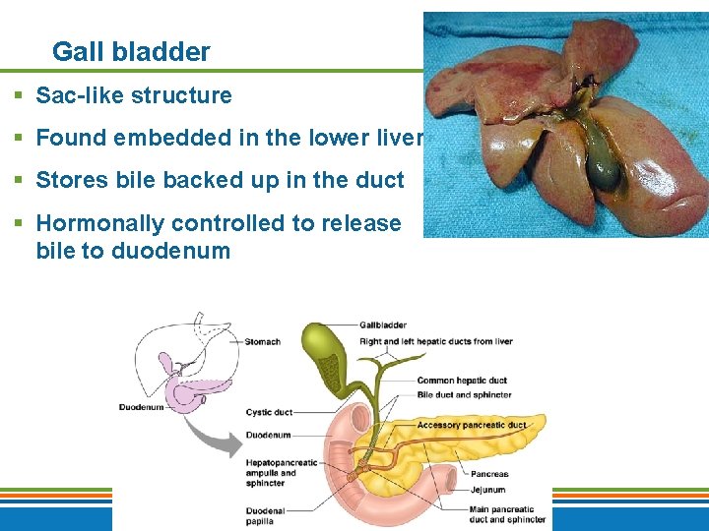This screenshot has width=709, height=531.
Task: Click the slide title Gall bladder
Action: click(x=131, y=52)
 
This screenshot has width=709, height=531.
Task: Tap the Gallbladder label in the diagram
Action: click(x=382, y=325)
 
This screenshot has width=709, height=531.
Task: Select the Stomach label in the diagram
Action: click(x=262, y=342)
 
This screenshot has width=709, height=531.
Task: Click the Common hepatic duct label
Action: click(x=461, y=381)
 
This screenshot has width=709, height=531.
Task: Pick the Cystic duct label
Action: click(x=268, y=412)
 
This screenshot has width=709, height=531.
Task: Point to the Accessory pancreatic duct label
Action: click(x=472, y=425)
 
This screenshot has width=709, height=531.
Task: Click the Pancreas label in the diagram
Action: click(x=488, y=474)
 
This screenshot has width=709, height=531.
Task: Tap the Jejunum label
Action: click(x=487, y=488)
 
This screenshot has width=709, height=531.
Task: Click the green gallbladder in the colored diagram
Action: click(x=325, y=359)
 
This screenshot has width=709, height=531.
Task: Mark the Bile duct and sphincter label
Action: click(x=463, y=395)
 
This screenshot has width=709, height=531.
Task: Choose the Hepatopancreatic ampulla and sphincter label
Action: click(x=282, y=472)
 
